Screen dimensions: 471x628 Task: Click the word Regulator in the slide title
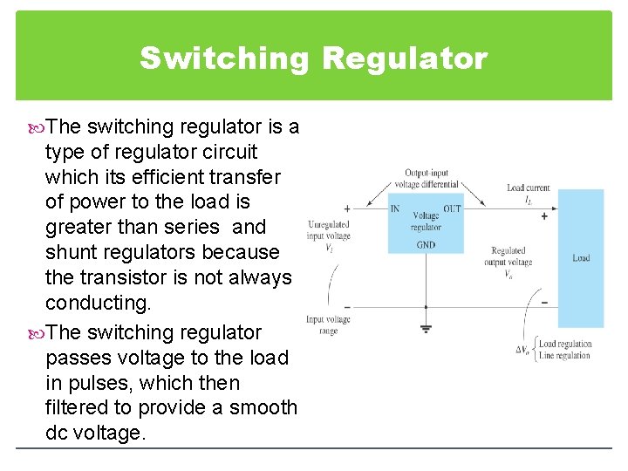click(405, 58)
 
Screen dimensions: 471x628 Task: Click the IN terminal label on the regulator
click(395, 208)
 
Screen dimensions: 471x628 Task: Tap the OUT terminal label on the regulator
click(452, 208)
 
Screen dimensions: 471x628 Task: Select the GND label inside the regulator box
click(426, 245)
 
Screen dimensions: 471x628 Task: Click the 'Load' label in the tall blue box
click(581, 258)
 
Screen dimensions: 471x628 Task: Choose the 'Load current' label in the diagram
click(529, 188)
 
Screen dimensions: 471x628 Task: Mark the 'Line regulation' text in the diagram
click(564, 355)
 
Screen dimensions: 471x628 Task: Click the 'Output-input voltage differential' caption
click(427, 179)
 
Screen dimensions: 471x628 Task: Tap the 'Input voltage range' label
click(328, 324)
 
